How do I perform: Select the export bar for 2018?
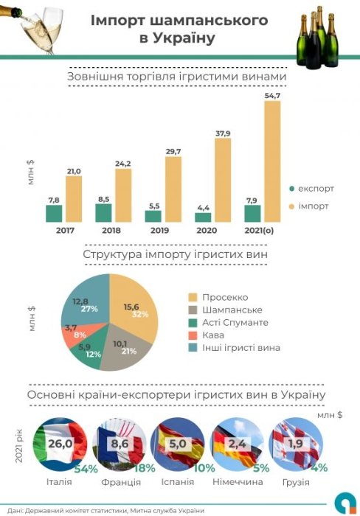click(103, 213)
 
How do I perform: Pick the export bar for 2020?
click(203, 217)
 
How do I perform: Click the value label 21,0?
click(74, 171)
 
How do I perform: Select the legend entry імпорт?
click(313, 206)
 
